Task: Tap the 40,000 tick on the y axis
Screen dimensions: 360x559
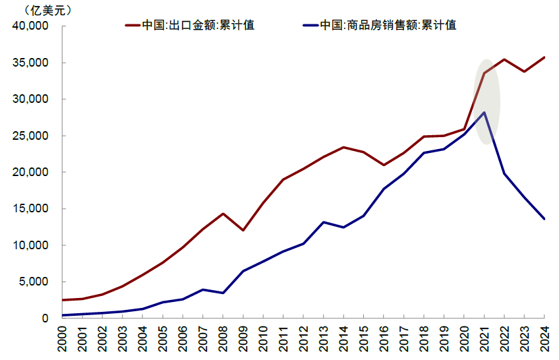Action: click(31, 26)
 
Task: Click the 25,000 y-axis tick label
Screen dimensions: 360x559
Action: click(31, 136)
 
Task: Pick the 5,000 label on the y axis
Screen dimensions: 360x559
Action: click(34, 282)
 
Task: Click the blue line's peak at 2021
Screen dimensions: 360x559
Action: click(485, 113)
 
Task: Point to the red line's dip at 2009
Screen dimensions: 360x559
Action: click(243, 230)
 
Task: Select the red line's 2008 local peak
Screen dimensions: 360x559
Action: click(223, 214)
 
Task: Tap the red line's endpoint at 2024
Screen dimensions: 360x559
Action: click(544, 57)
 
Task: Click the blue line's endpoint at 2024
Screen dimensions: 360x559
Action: click(544, 219)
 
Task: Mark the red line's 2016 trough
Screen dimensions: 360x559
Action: click(384, 165)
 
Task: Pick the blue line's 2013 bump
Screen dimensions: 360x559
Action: click(324, 222)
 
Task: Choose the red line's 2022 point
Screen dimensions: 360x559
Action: click(504, 59)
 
